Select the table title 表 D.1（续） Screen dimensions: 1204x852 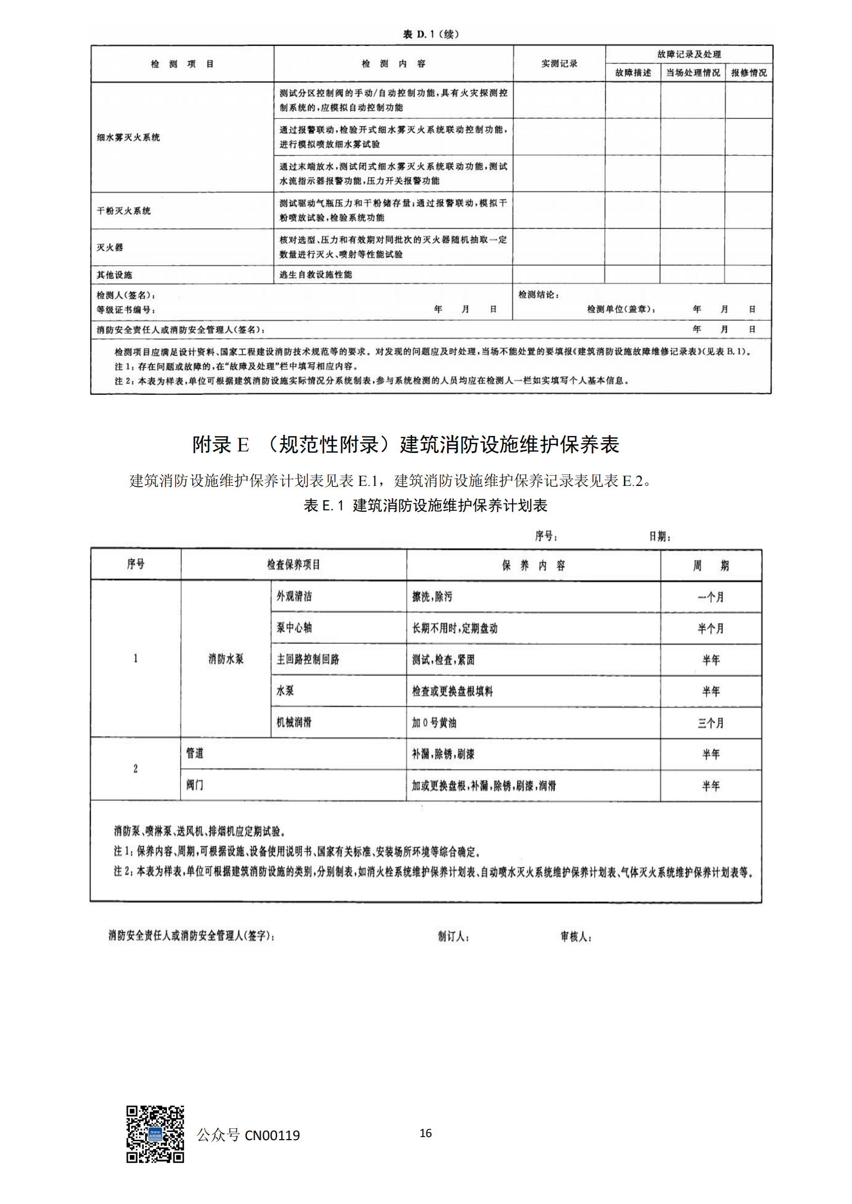point(431,34)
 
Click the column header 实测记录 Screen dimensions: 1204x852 point(559,63)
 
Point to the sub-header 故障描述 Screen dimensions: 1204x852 point(633,73)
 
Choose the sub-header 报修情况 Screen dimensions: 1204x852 point(748,73)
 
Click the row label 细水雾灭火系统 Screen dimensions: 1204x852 point(128,137)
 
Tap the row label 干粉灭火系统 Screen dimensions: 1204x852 point(123,211)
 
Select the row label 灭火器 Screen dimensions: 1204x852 point(110,247)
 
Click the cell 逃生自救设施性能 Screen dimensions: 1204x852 point(315,274)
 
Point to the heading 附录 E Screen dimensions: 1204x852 point(220,445)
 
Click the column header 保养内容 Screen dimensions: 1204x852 point(533,565)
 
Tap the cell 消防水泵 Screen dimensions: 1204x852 point(226,659)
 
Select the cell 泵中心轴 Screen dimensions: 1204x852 point(294,627)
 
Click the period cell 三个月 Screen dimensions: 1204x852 point(710,723)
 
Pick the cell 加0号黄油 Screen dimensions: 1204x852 point(434,723)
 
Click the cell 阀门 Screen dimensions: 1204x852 point(195,785)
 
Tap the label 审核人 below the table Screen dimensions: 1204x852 point(576,936)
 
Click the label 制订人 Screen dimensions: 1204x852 point(453,936)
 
